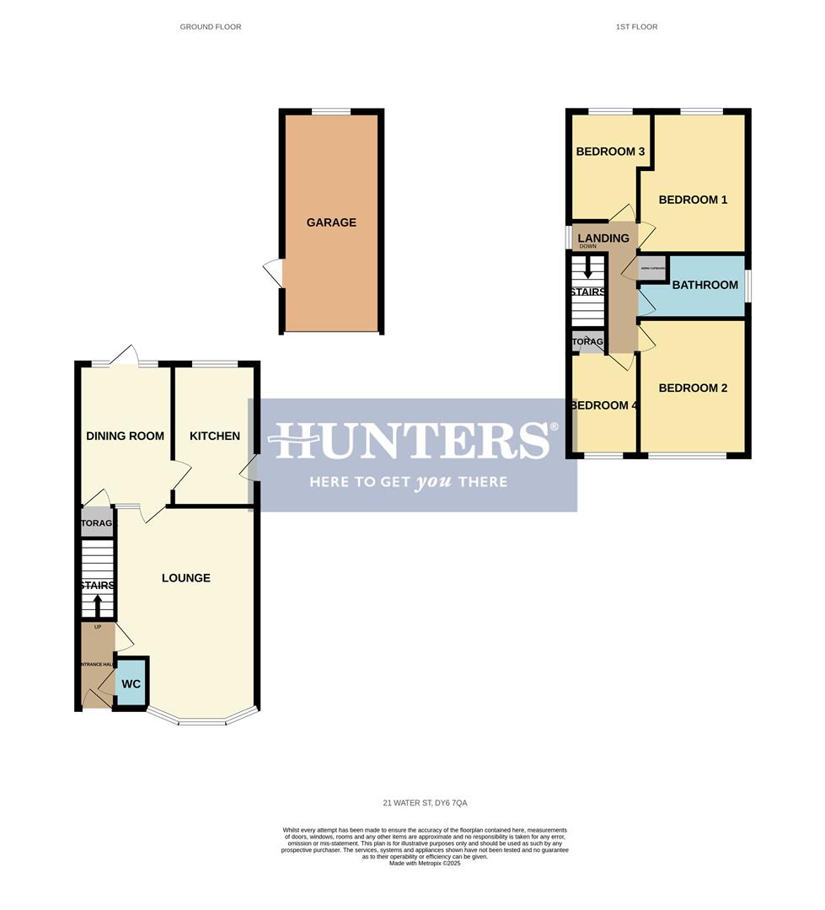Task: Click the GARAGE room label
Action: pos(331,222)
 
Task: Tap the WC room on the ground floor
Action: pos(131,684)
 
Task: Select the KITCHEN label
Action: pos(214,436)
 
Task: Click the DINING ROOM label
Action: pos(125,436)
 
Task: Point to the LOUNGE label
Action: pos(186,578)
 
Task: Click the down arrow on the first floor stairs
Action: pos(588,271)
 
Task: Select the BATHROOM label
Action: pos(704,285)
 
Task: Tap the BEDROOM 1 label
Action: pos(693,200)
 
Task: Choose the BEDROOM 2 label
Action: pos(693,388)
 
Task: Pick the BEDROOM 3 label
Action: pos(610,152)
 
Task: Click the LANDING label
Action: pos(603,238)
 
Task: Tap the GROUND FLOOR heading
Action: pos(211,27)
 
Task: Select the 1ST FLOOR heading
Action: pos(636,27)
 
